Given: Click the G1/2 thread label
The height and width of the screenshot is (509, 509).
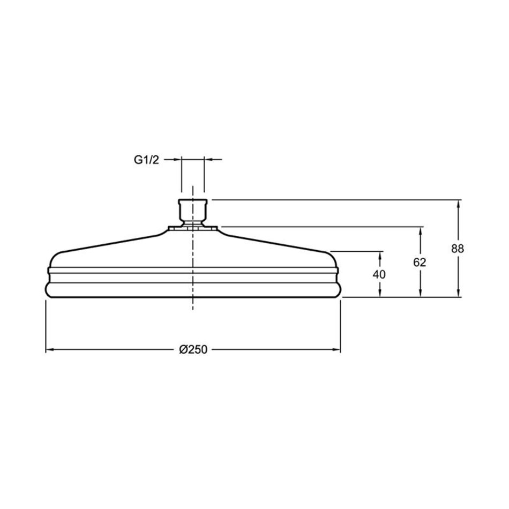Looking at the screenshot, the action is coord(146,160).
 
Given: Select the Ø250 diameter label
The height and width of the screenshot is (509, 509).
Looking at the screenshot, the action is coord(193,350).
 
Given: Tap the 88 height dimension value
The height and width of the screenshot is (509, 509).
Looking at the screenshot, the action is coord(458,249).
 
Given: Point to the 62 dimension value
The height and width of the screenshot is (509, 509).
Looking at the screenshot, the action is coord(420,262).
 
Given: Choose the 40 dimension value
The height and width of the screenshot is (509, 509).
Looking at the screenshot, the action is coord(379,275).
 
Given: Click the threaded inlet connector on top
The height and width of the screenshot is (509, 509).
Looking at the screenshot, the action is coord(193,211).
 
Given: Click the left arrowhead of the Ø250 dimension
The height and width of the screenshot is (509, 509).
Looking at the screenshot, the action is coord(50,350).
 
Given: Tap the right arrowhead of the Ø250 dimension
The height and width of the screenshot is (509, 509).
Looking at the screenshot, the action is coord(336,350).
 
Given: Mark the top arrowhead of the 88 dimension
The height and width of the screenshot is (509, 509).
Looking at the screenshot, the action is coord(458,204).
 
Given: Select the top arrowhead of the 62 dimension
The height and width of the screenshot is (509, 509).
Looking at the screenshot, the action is coord(421,231).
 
